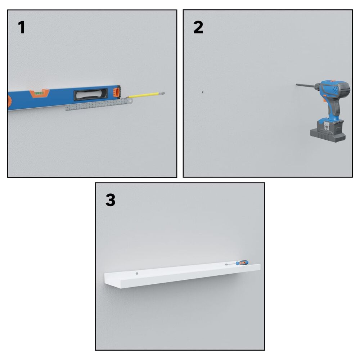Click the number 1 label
22,28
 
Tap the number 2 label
198,28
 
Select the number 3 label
111,200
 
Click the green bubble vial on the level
39,93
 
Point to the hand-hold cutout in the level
90,94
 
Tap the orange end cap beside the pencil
117,92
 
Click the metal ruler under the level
99,104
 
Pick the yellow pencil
145,95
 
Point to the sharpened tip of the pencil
127,97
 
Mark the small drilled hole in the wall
202,92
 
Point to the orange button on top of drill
332,81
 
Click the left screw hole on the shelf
137,274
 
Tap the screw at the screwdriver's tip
226,265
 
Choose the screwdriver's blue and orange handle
242,263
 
